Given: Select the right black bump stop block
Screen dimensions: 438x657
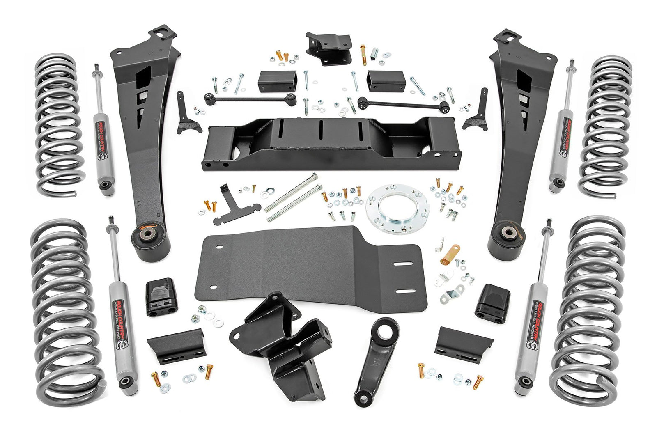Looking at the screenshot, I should coord(492,301).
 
